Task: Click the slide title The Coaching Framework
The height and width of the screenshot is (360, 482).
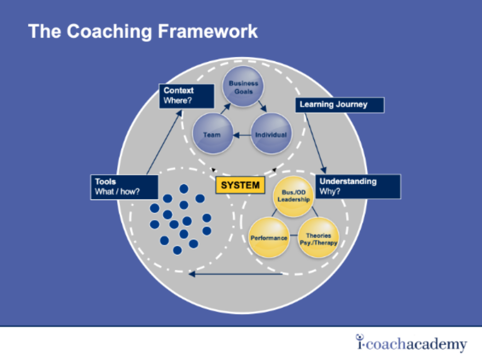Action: coord(143,32)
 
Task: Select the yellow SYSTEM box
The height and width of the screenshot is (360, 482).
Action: coord(240,185)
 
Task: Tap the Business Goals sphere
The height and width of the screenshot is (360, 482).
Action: coord(243,87)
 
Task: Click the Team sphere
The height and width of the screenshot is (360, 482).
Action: coord(212,134)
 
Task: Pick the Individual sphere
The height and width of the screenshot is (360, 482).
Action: coord(271,134)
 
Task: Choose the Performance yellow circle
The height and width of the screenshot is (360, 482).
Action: coord(268,238)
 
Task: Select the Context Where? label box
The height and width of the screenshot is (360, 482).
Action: coord(187,95)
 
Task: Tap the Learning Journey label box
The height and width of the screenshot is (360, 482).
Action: coord(339,105)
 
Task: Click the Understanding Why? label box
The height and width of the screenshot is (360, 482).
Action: coord(358,187)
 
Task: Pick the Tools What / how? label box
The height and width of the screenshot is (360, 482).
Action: coord(124,187)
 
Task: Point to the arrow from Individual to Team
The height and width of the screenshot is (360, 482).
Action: coord(242,135)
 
